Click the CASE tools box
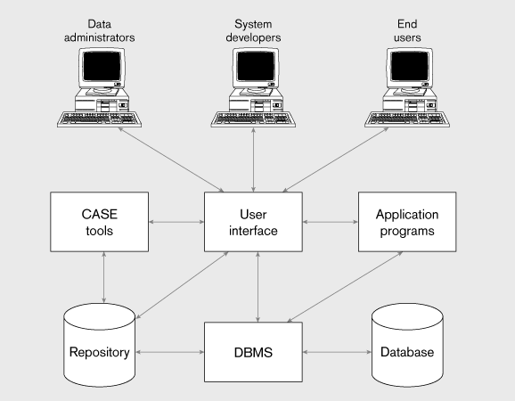click(x=99, y=222)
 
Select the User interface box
click(x=253, y=222)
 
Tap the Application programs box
click(x=407, y=222)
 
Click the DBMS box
click(x=253, y=352)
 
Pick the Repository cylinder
click(x=99, y=345)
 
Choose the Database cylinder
click(x=407, y=345)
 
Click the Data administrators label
click(x=99, y=30)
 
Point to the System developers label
click(x=253, y=30)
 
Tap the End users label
click(x=407, y=30)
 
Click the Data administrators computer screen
click(x=102, y=66)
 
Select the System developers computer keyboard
click(x=253, y=119)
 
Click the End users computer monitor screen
click(x=410, y=66)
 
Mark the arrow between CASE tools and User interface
click(x=176, y=222)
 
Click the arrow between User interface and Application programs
click(x=331, y=222)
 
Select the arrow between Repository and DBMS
click(x=170, y=352)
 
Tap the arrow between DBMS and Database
click(x=337, y=352)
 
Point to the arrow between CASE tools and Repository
click(x=103, y=277)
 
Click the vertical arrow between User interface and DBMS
click(x=257, y=287)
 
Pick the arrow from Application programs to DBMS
click(x=345, y=287)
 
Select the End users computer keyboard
click(x=407, y=119)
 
